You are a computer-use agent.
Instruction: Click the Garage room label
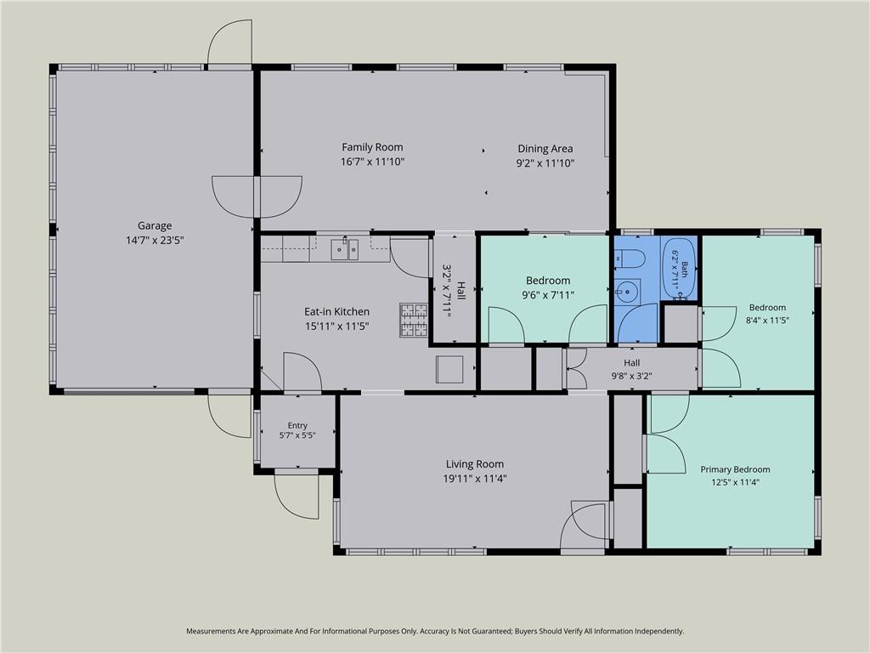point(155,226)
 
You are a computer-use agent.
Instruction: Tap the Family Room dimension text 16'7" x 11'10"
point(372,162)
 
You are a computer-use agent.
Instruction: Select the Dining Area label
point(545,149)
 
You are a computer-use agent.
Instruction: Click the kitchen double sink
point(345,250)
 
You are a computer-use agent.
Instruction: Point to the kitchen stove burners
point(414,321)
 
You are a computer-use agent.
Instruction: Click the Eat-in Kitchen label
point(336,312)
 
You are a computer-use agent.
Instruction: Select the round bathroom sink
point(627,291)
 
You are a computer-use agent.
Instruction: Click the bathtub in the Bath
point(679,269)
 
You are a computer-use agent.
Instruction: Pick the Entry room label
point(297,426)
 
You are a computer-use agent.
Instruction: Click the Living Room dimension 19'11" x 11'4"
point(475,479)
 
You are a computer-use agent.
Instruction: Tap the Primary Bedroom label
point(735,469)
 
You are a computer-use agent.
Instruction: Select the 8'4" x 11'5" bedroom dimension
point(767,321)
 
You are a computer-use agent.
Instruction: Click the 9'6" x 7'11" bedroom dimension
point(548,295)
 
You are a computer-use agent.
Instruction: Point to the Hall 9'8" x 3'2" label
point(631,370)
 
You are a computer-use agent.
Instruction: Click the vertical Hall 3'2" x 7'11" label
point(455,290)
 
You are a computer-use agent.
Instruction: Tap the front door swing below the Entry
point(297,495)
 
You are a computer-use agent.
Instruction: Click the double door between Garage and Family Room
point(257,197)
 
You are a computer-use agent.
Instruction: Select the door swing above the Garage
point(229,43)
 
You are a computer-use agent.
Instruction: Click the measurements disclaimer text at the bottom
point(435,632)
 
